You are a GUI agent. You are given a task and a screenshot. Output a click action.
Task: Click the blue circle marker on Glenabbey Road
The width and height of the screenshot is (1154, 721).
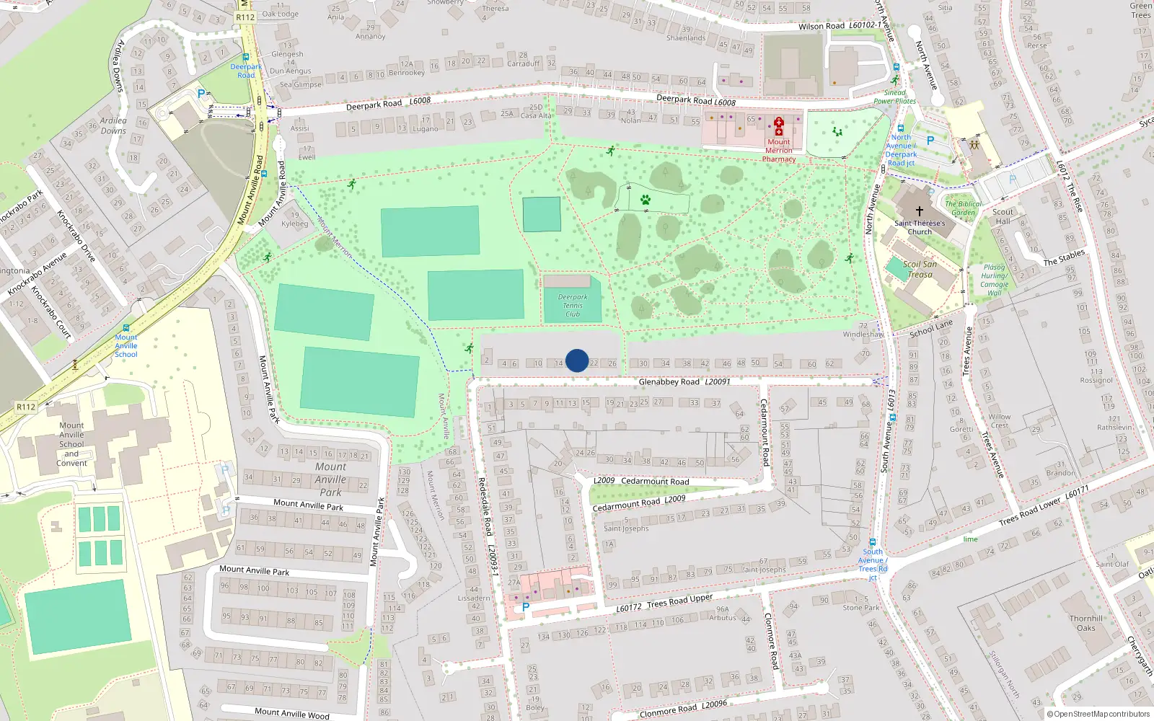(x=577, y=360)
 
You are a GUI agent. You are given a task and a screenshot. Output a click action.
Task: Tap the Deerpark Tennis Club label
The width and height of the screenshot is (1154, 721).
(x=573, y=306)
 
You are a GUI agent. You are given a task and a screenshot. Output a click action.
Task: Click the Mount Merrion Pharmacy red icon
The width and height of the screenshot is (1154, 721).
(x=779, y=127)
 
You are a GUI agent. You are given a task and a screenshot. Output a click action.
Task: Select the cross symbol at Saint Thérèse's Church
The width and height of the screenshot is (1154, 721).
(x=919, y=211)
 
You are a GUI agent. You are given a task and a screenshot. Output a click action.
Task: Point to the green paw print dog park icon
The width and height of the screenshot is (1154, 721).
(x=646, y=200)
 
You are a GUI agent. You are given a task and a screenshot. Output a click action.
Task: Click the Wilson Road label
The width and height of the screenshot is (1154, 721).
(x=821, y=27)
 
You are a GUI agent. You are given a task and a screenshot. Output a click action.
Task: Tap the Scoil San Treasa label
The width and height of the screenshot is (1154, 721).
(x=920, y=269)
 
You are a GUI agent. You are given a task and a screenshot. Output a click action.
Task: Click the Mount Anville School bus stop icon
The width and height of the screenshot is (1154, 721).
(x=126, y=328)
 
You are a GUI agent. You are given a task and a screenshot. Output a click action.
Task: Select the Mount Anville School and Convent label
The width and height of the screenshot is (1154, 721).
(x=71, y=444)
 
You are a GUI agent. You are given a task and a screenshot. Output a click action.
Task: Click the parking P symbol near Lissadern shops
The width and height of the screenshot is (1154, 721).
(x=526, y=607)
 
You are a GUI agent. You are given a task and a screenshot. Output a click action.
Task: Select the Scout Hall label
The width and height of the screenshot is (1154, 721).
(x=1003, y=216)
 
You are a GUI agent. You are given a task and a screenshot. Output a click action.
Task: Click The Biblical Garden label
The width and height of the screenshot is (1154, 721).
(x=963, y=208)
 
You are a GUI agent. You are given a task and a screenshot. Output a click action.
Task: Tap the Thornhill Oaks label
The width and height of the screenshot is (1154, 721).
(x=1086, y=623)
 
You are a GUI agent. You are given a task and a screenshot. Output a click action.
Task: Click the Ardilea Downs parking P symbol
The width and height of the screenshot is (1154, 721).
(x=201, y=94)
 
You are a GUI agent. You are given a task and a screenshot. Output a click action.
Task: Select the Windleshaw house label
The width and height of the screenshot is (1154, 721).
(x=863, y=335)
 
